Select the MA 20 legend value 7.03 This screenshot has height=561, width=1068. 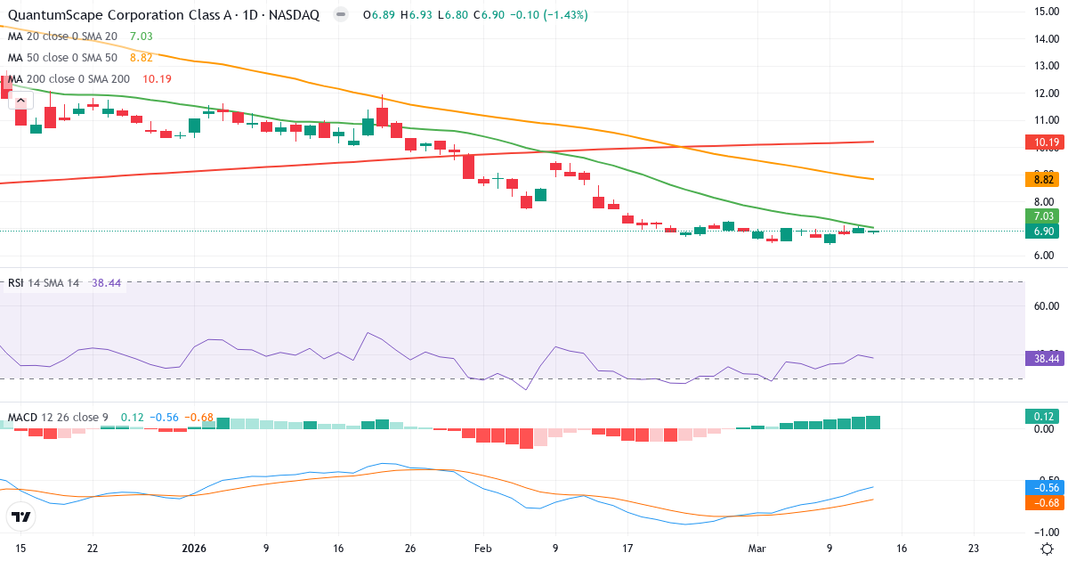coord(142,36)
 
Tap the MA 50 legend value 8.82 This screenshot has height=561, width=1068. coord(142,57)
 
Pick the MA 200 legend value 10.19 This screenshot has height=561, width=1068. coord(157,78)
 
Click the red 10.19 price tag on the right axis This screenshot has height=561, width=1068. coord(1040,142)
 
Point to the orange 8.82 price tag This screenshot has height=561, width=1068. coord(1040,179)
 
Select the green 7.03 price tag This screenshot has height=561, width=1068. coord(1040,216)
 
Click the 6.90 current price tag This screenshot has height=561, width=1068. coord(1040,232)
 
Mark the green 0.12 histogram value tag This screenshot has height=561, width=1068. coord(1040,416)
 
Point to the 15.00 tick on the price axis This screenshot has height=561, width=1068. coord(1040,12)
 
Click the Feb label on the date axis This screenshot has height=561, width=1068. coord(482,549)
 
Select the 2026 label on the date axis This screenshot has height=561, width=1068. coord(193,549)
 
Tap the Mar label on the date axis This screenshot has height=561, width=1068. coord(756,549)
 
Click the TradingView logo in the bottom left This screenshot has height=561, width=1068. coord(21,516)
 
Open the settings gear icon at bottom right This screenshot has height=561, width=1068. coord(1048,549)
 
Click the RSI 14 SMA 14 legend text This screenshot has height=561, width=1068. coord(44,283)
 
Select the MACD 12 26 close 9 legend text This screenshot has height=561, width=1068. coord(59,417)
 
